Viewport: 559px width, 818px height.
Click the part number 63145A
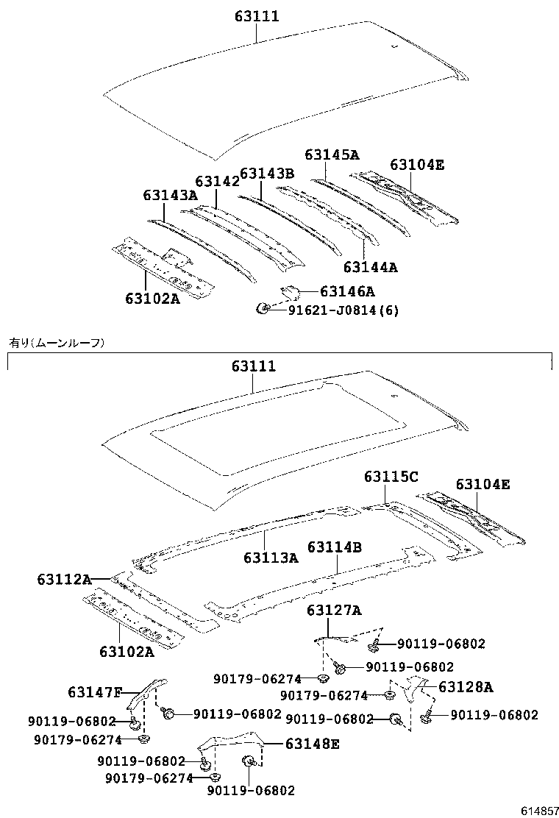pos(332,154)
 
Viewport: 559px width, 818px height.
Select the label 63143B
pos(266,173)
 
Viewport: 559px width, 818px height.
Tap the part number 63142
pos(217,182)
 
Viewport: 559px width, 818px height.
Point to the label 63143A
pos(170,195)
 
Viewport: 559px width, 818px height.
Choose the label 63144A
pos(370,268)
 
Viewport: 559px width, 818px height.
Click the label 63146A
pos(347,291)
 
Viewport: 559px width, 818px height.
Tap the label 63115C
pos(391,477)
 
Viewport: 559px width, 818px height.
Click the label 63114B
pos(334,547)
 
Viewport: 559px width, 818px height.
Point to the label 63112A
pos(64,580)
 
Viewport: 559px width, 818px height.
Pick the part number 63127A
pos(334,610)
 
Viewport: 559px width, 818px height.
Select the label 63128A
pos(466,687)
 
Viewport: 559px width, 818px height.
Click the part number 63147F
pos(95,692)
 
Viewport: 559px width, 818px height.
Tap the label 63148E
pos(313,744)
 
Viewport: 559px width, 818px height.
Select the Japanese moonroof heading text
pos(57,342)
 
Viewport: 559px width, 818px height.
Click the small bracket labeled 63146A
pos(290,293)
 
